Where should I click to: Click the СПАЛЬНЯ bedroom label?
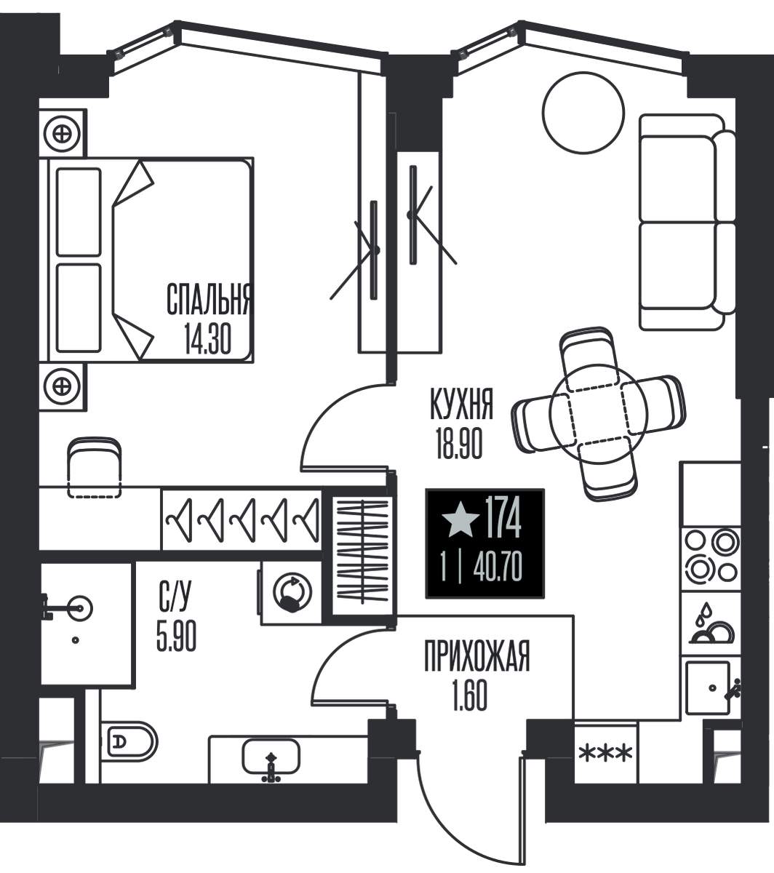point(208,299)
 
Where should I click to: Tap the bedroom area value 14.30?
point(208,339)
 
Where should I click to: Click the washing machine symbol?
point(292,593)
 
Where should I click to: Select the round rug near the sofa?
point(583,112)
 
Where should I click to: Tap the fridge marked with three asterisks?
point(605,753)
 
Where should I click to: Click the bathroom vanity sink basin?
point(271,757)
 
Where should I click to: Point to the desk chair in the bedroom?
point(95,467)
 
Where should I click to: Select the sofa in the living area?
point(687,223)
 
